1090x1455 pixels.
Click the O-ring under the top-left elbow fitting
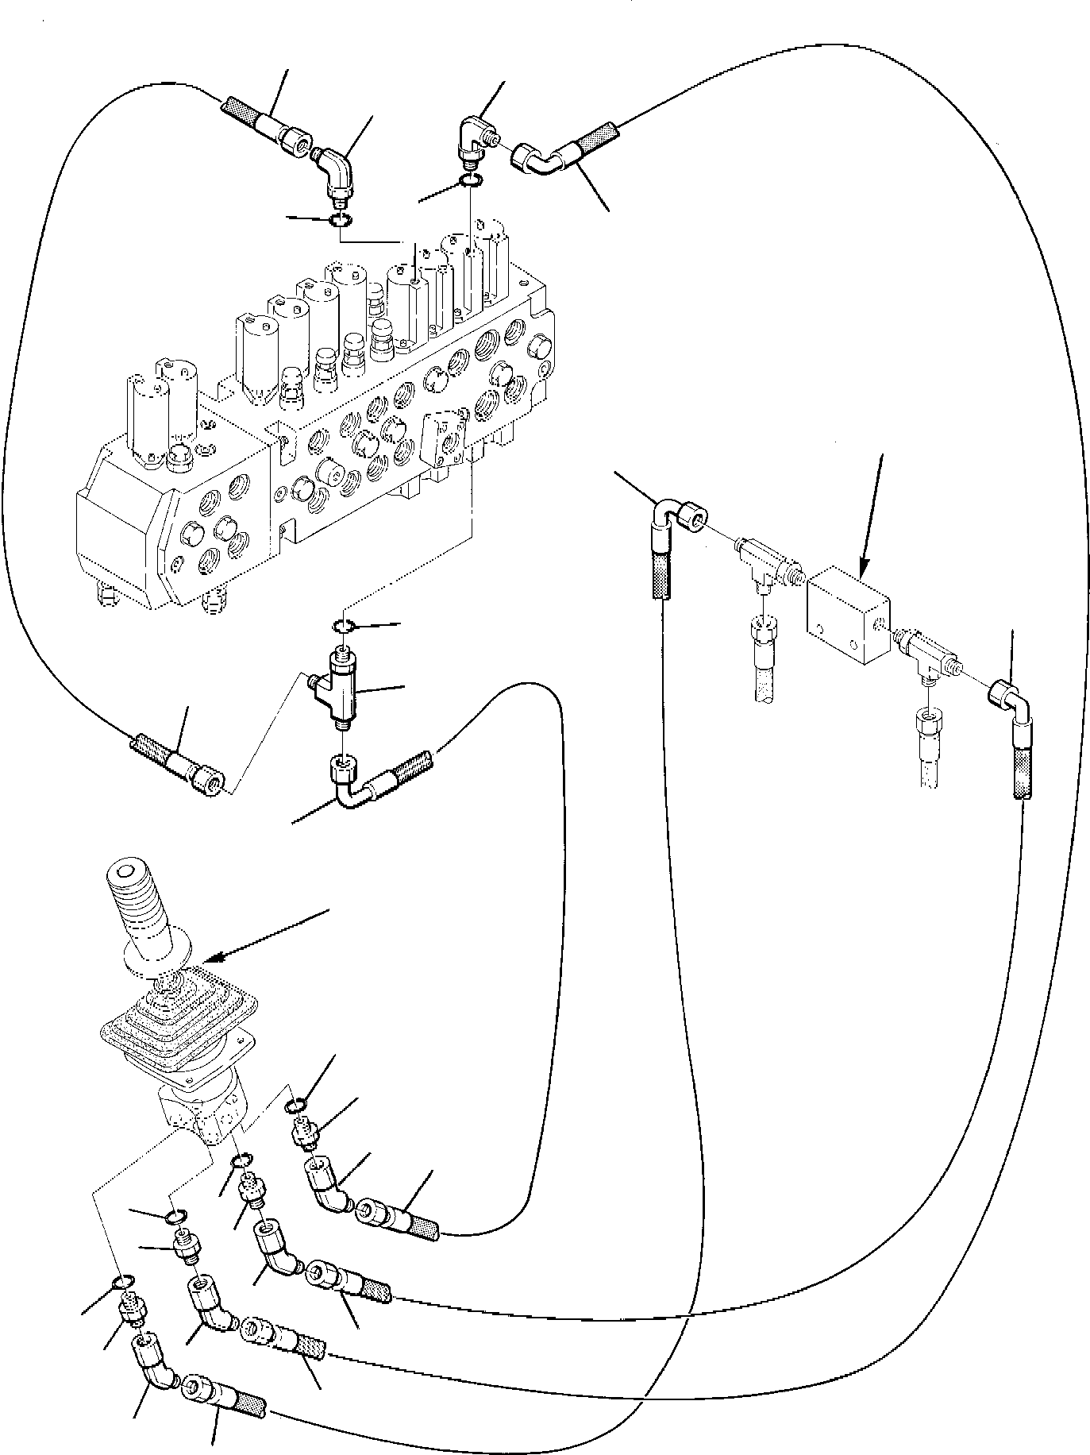tap(339, 220)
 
